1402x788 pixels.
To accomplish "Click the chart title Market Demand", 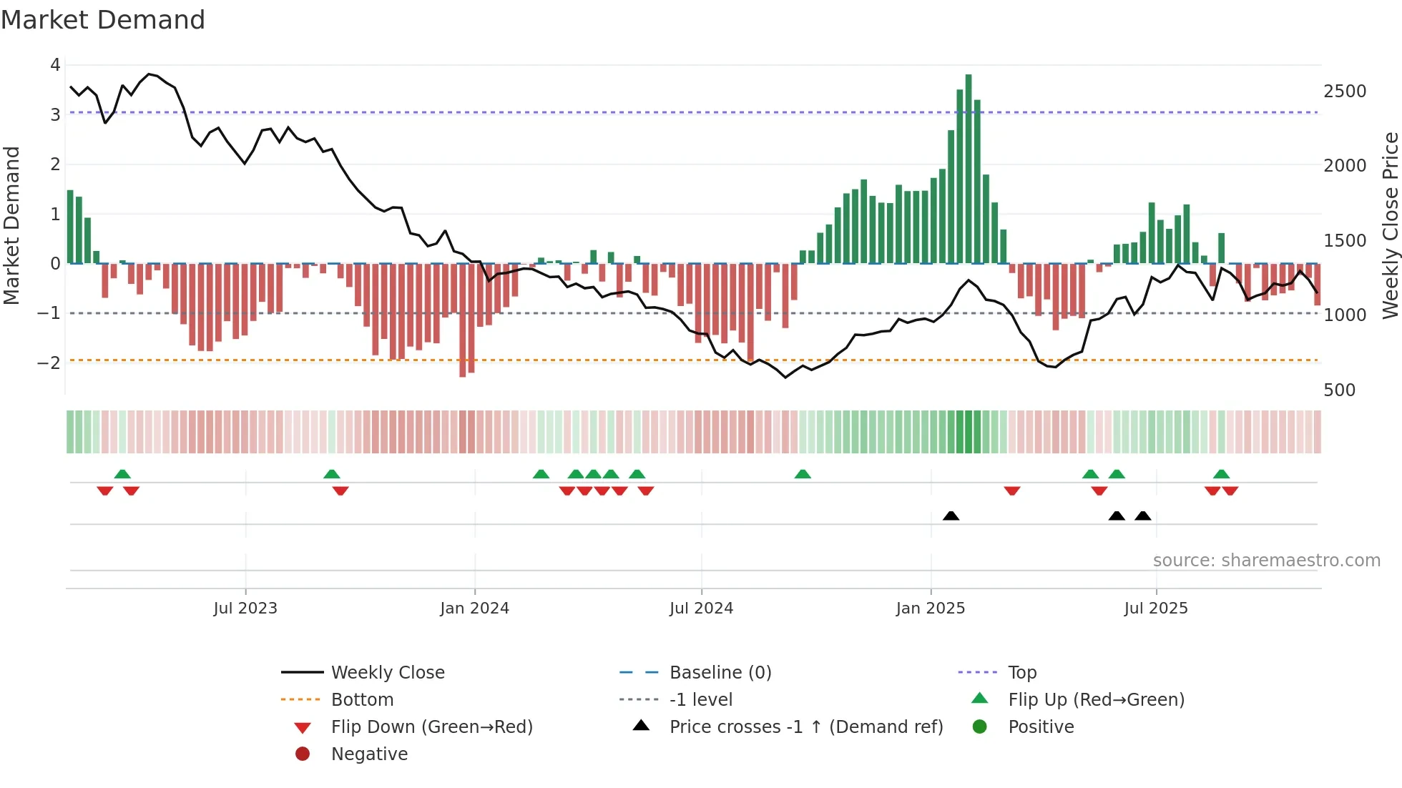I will click(103, 20).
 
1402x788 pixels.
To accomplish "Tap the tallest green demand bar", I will click(969, 169).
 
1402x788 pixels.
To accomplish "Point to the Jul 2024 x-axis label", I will click(701, 608).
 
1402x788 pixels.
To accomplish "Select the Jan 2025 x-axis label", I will click(930, 608).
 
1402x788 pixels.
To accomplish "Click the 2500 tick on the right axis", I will click(1345, 92).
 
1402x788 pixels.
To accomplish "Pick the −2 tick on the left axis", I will click(49, 363).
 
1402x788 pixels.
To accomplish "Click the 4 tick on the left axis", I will click(55, 65).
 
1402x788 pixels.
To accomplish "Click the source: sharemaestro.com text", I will click(1266, 560).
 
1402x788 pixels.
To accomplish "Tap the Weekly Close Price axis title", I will click(1390, 225).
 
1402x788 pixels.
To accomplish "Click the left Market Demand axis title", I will click(11, 225).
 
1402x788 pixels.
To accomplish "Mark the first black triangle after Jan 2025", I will click(951, 516).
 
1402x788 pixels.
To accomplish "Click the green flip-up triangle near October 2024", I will click(803, 474).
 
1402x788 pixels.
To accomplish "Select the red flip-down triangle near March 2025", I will click(1011, 491).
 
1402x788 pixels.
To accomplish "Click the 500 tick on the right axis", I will click(1339, 390).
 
